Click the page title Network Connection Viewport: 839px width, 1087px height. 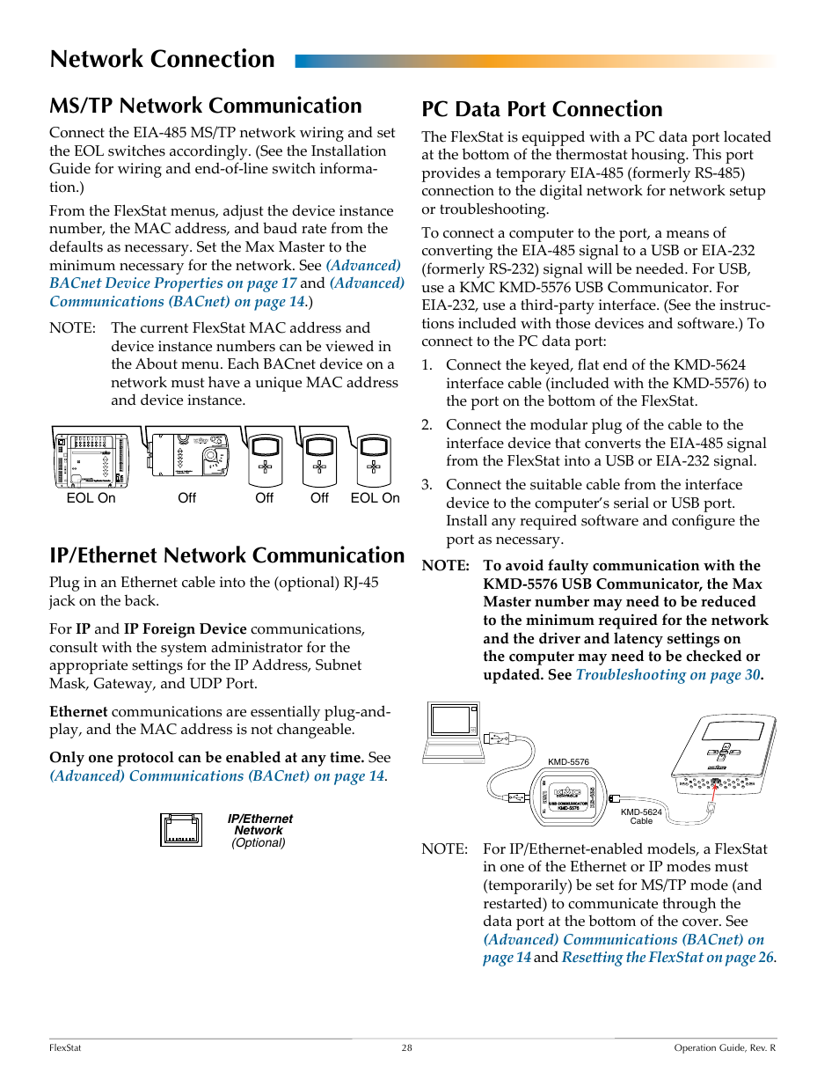coord(162,59)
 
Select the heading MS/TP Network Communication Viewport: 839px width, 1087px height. coord(205,106)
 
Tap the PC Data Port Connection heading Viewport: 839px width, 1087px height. coord(542,109)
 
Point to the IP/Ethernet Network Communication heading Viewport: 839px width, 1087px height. coord(227,555)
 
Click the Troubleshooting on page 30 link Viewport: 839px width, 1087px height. coord(668,675)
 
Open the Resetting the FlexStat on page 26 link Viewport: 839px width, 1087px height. coord(668,958)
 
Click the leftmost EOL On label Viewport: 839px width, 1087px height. coord(91,498)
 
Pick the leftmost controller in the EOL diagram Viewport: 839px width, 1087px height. coord(91,459)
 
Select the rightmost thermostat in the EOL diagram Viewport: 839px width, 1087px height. coord(374,459)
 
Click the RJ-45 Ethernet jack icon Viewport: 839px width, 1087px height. coord(181,830)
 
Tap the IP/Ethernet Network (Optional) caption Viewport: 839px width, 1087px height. coord(259,830)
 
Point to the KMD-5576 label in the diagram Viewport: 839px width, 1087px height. coord(568,762)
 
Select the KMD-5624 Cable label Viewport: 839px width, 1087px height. coord(641,817)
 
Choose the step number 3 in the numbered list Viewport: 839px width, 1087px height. coord(427,485)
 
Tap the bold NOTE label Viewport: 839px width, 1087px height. coord(445,566)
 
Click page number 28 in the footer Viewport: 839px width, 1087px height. coord(406,1048)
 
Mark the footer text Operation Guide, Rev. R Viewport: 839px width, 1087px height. coord(725,1048)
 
